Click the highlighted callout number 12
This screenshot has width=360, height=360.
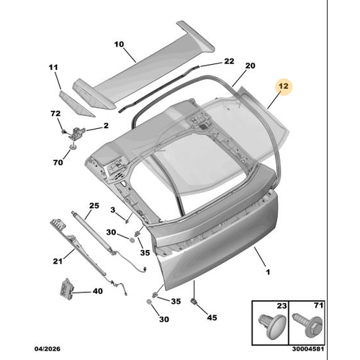click(284, 86)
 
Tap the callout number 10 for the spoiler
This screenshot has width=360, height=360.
click(119, 44)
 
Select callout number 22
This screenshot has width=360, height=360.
click(229, 61)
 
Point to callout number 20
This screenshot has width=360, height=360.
click(250, 66)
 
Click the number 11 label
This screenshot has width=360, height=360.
click(53, 67)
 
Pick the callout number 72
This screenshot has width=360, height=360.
click(55, 113)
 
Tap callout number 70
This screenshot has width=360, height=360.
click(58, 163)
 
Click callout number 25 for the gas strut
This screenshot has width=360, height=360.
click(94, 206)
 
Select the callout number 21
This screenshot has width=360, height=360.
click(58, 261)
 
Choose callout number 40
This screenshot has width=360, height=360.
click(98, 291)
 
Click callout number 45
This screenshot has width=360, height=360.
click(212, 318)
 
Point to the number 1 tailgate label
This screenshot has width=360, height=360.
click(268, 272)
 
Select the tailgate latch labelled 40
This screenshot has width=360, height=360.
click(66, 289)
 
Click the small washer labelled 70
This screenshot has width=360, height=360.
click(72, 147)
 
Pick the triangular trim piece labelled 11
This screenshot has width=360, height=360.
click(76, 103)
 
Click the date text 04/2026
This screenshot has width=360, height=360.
click(48, 348)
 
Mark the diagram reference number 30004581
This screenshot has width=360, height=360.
click(308, 348)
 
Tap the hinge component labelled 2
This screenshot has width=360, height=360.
click(76, 132)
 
